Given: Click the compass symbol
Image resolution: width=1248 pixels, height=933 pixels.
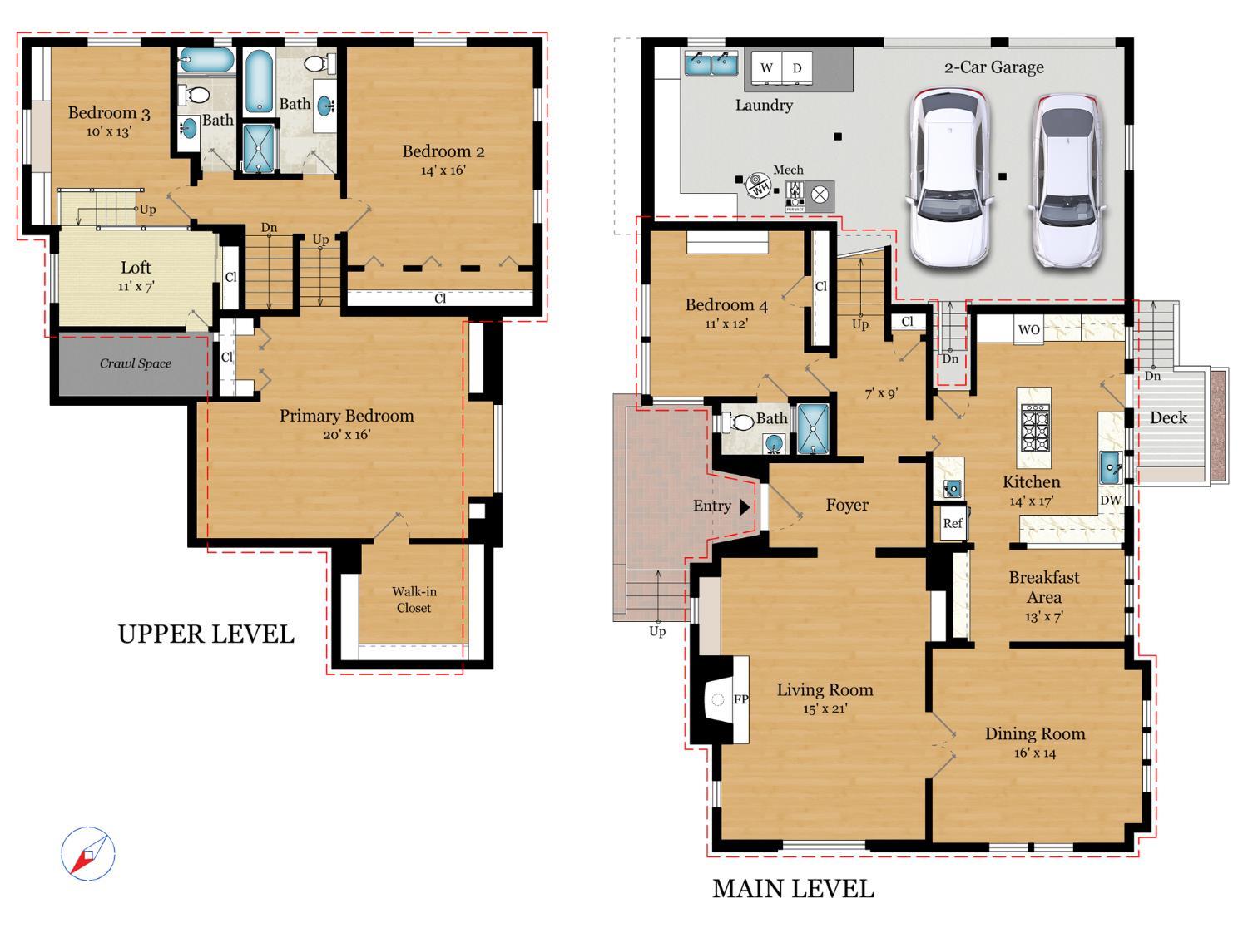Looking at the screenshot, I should pos(87,853).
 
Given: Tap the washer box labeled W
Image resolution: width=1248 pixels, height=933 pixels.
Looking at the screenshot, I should pos(766,68).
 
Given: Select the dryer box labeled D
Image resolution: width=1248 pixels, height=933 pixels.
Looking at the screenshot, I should pos(796,68).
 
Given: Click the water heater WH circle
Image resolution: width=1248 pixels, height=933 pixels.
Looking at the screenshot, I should pos(758,185).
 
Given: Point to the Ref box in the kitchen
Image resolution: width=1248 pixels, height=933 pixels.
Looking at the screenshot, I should pos(953,523).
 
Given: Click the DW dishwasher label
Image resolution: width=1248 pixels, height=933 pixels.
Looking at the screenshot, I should pos(1111,501).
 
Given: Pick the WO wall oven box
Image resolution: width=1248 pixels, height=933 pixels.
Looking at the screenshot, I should pos(1028,329).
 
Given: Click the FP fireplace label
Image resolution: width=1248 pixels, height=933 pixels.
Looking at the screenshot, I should pos(740,699).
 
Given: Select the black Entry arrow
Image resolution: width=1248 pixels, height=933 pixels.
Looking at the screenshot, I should pos(745,506).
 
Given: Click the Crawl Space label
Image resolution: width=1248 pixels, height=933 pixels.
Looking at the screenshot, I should pos(135,363).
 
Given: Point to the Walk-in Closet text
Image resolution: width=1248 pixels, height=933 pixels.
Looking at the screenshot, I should pos(414,600).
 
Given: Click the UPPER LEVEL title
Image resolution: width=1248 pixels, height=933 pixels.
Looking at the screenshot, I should pos(206,634).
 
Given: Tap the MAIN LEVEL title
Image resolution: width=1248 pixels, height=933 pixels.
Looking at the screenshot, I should pos(793,889).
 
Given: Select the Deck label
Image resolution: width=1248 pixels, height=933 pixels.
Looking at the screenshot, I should pos(1168,418).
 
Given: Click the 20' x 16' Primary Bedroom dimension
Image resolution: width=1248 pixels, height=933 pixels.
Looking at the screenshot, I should pos(346,435).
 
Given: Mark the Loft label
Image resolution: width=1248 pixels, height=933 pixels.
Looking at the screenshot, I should pos(136,268).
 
